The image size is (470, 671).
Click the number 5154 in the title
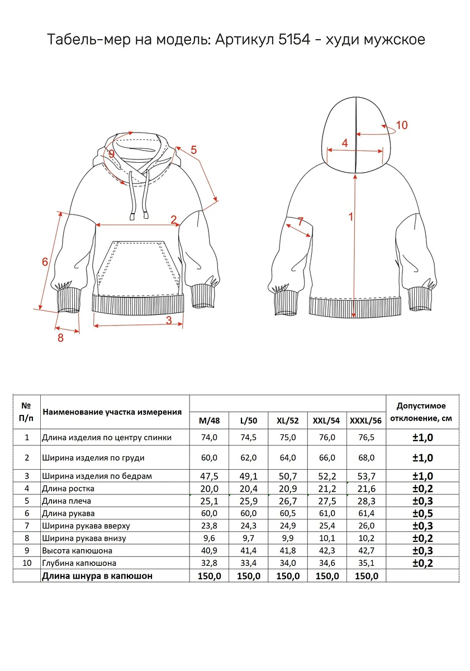(295, 39)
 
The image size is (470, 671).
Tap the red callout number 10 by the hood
(401, 125)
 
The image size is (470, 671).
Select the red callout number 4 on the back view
(345, 143)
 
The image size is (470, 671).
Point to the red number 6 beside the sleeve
(45, 262)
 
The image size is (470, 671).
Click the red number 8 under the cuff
(60, 338)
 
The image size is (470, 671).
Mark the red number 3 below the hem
(169, 320)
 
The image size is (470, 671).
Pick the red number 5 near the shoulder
(194, 150)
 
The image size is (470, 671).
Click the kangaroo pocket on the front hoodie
(139, 263)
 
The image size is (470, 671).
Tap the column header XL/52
(288, 420)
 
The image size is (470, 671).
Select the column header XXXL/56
(366, 420)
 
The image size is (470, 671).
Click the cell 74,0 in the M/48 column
(209, 437)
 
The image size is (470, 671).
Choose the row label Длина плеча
(67, 501)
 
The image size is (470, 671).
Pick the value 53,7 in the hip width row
(367, 476)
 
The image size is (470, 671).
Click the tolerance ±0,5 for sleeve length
(422, 513)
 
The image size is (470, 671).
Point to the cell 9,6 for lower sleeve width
(209, 538)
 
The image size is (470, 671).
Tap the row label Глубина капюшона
(79, 563)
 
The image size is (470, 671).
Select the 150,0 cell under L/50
(249, 576)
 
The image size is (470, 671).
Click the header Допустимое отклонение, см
(422, 412)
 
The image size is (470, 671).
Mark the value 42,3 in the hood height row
(327, 551)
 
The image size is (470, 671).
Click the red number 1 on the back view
(351, 216)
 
